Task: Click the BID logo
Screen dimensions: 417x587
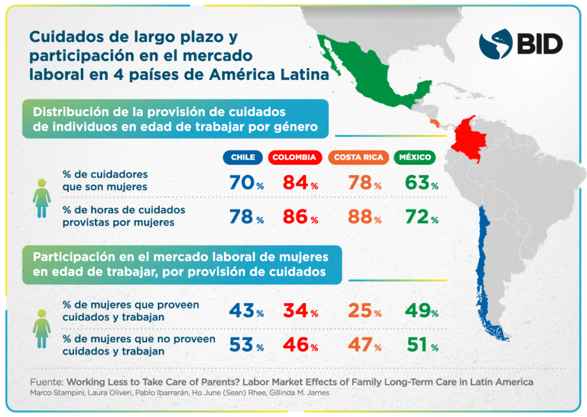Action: (521, 44)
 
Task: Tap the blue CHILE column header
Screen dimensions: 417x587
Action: (242, 157)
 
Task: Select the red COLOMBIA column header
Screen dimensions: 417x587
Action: (293, 157)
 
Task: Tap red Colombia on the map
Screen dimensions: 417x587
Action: (467, 138)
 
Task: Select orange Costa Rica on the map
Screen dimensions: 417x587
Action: (436, 123)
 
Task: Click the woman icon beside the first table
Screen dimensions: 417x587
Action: (42, 198)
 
